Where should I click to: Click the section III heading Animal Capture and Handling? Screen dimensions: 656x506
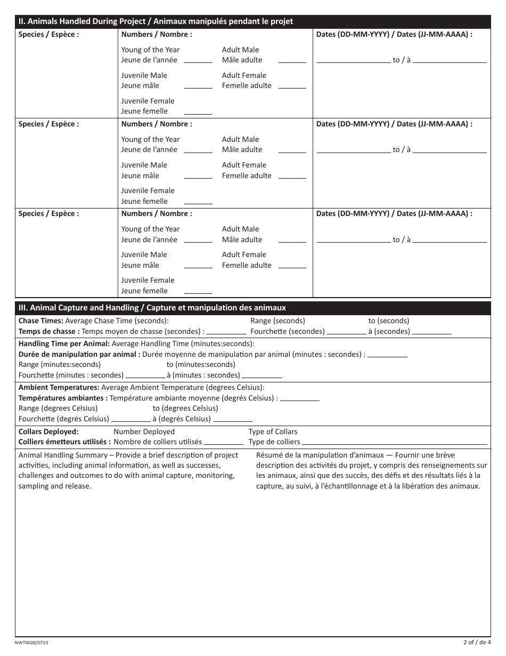[152, 308]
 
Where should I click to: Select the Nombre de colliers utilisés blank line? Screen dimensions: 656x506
[224, 443]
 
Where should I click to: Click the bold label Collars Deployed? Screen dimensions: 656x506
[48, 431]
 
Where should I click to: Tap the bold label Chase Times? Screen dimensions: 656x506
[41, 321]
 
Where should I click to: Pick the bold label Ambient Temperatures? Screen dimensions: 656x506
[59, 387]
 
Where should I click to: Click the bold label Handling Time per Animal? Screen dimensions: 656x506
[64, 343]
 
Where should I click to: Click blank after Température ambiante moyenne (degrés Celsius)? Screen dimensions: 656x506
[299, 399]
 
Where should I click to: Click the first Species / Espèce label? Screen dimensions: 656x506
[48, 34]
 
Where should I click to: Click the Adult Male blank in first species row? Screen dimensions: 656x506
[292, 61]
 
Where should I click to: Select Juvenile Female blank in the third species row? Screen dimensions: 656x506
[198, 292]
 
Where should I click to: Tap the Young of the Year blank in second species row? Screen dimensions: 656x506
[198, 151]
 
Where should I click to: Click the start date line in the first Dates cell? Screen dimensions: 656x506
[353, 61]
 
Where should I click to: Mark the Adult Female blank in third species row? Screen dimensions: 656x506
[292, 266]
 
